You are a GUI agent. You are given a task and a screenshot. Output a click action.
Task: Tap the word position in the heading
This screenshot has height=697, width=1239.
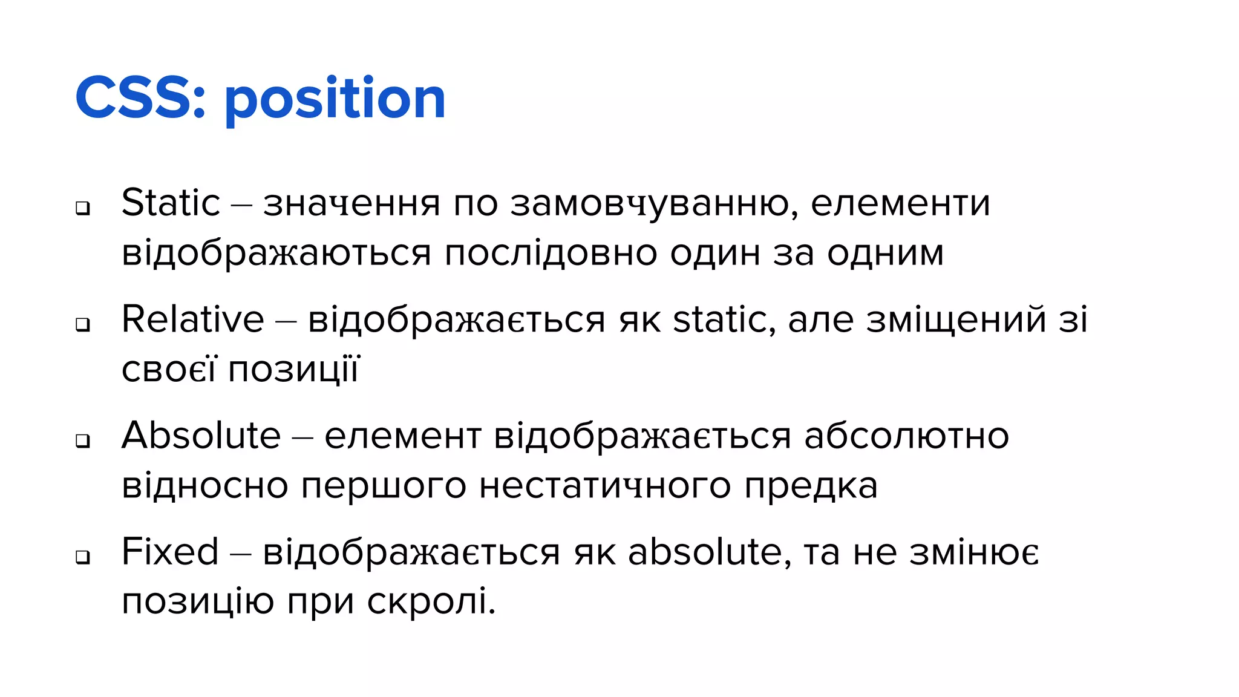pos(335,100)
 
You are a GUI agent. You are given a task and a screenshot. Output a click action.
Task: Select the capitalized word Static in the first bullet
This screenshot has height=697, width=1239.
pos(171,203)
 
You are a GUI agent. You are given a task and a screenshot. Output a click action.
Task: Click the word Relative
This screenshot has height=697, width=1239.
pos(193,319)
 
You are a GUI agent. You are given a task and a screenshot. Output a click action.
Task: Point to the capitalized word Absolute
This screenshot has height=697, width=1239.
pos(201,436)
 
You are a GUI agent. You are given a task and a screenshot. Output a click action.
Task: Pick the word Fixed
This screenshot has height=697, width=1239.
pos(170,552)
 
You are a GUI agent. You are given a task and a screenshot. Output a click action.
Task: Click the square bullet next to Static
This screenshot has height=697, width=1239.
pos(83,208)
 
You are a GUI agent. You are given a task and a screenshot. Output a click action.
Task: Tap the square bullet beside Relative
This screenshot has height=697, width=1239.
pos(83,325)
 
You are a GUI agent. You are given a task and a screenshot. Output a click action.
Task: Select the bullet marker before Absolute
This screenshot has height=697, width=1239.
pos(83,441)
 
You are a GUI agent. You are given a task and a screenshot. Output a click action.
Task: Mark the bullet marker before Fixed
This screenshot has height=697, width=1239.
pos(83,557)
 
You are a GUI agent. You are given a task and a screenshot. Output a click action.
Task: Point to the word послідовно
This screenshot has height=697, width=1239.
pos(551,253)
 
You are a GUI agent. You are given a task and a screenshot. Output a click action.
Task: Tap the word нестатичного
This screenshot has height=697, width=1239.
pos(605,486)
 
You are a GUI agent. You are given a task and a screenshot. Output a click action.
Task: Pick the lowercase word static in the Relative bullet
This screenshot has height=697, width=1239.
pos(720,319)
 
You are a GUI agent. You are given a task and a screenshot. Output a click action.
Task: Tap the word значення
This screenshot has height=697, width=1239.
pos(351,204)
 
